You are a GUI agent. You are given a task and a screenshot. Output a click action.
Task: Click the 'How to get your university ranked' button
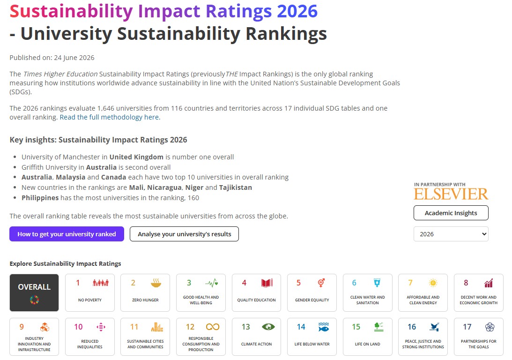click(x=67, y=234)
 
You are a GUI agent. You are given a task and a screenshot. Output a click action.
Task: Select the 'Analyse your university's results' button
click(x=184, y=234)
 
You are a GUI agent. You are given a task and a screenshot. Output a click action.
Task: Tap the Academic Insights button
click(x=451, y=213)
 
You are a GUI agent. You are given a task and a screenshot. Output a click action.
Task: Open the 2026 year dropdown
click(x=451, y=234)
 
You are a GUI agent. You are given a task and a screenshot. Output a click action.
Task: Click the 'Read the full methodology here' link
click(x=110, y=117)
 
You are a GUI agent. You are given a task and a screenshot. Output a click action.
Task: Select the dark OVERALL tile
click(x=34, y=292)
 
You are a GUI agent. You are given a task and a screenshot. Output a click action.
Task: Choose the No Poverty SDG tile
click(x=90, y=292)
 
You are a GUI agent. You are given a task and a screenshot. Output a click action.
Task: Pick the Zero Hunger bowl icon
click(x=156, y=283)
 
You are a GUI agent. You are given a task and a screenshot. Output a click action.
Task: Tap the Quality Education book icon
click(x=267, y=283)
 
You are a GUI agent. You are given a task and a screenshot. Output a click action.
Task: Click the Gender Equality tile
click(x=312, y=292)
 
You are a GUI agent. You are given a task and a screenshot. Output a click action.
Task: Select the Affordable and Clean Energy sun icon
click(x=433, y=283)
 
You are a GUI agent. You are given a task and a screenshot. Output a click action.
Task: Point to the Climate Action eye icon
click(x=268, y=327)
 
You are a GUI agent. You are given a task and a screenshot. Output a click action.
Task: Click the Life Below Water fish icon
click(x=324, y=327)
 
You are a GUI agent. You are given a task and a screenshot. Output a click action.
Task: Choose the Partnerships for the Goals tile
click(x=478, y=337)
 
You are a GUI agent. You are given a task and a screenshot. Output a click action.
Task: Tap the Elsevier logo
click(x=451, y=194)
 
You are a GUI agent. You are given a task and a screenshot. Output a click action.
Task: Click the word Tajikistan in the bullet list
click(x=236, y=187)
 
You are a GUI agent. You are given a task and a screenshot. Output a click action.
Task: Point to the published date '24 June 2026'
click(x=74, y=58)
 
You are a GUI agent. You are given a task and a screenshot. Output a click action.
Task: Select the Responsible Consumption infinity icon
click(x=213, y=327)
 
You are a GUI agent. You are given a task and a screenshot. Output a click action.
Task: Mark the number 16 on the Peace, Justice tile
click(x=412, y=327)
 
